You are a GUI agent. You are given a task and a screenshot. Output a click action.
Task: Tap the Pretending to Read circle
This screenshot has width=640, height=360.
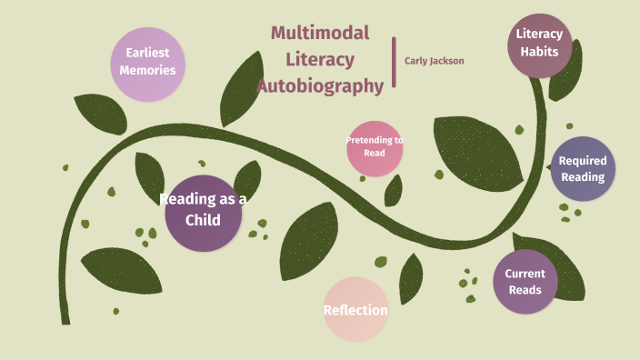coord(375,147)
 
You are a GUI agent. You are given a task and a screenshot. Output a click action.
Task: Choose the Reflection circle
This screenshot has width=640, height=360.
coord(355,310)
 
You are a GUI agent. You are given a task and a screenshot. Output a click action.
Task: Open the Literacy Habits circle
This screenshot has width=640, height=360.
coord(539,44)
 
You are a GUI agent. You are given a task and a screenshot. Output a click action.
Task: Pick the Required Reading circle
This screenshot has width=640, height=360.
coord(583,169)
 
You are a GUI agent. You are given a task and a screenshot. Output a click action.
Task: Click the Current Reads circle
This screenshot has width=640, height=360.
coord(525,282)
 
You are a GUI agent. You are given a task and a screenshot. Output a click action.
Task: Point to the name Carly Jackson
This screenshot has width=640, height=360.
coord(434,61)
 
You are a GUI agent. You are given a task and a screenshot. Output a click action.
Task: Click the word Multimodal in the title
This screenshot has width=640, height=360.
coord(320,34)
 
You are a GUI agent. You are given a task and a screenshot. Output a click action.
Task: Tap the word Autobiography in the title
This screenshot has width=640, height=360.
coord(320,86)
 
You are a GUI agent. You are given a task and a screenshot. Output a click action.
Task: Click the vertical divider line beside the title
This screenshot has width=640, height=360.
coord(395,62)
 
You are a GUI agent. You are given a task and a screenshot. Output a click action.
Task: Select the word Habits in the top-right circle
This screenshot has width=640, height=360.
coord(539,52)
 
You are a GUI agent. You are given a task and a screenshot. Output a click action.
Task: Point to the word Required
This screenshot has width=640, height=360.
coord(583,161)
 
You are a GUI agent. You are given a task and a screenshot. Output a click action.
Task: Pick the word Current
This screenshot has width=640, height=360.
coord(525,274)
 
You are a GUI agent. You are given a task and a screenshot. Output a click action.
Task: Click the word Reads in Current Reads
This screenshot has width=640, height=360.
coord(525,290)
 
